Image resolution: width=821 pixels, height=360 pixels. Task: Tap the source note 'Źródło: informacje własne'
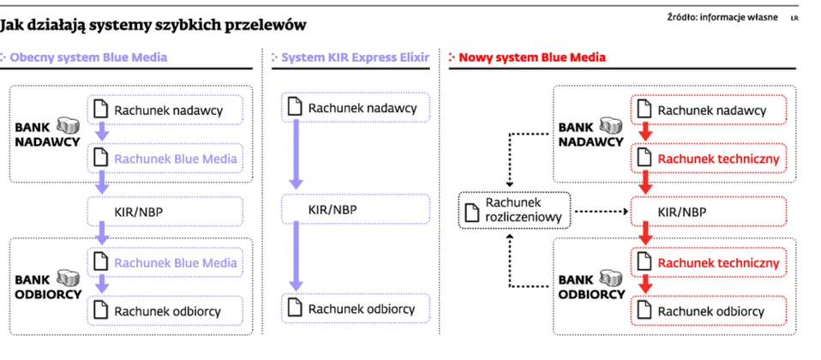click(722, 17)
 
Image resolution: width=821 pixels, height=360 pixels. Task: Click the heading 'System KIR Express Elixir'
click(352, 57)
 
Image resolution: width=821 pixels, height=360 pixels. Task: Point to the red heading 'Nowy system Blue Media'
click(532, 57)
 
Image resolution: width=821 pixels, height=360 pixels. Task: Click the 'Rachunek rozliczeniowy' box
click(512, 210)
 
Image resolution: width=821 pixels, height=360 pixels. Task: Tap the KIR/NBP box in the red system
click(708, 210)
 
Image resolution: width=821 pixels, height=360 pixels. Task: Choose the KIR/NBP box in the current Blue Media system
click(165, 210)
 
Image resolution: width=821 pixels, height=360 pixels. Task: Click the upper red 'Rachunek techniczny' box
click(708, 159)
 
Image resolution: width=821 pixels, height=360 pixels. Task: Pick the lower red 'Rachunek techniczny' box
click(708, 262)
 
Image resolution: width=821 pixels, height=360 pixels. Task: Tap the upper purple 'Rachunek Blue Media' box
click(165, 159)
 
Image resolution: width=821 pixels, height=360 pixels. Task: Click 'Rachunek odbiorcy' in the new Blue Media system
click(708, 311)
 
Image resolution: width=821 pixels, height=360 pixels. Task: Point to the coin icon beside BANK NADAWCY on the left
click(68, 126)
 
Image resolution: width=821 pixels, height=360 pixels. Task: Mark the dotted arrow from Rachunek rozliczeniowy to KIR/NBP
click(600, 210)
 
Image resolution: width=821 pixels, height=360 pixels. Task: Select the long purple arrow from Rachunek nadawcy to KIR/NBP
click(296, 154)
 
